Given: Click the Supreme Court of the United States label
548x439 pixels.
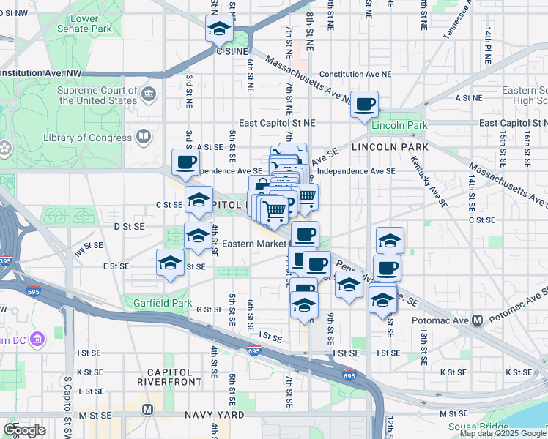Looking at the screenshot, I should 99,94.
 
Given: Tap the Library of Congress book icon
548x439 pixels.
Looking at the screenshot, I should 144,137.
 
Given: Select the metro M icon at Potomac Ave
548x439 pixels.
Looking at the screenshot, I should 477,320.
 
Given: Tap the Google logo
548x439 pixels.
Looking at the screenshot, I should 25,430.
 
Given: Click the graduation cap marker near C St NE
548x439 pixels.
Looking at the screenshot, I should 218,30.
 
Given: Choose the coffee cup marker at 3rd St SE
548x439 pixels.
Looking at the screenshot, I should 185,162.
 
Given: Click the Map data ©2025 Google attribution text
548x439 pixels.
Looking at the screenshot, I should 503,433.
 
